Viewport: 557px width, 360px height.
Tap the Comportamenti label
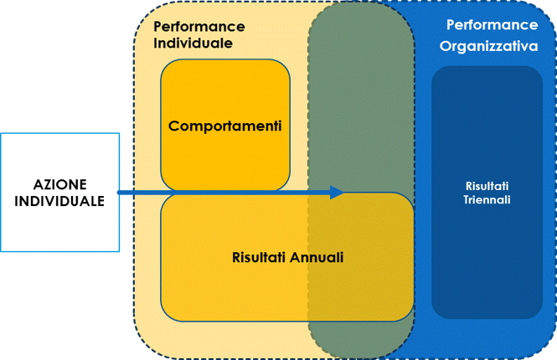[x=224, y=126]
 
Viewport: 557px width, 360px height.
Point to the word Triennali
[x=487, y=200]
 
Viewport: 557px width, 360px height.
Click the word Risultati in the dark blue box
[x=487, y=186]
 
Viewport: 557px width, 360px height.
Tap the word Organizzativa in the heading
[x=488, y=47]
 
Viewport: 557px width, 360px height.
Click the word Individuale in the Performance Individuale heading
[x=193, y=43]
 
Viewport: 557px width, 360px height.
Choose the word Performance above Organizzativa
[x=492, y=26]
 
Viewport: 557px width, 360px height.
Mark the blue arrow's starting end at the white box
[x=122, y=193]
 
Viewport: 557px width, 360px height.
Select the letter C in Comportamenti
[x=174, y=126]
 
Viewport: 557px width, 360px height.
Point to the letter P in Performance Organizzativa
[x=451, y=26]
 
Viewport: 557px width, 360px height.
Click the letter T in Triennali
[x=467, y=200]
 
